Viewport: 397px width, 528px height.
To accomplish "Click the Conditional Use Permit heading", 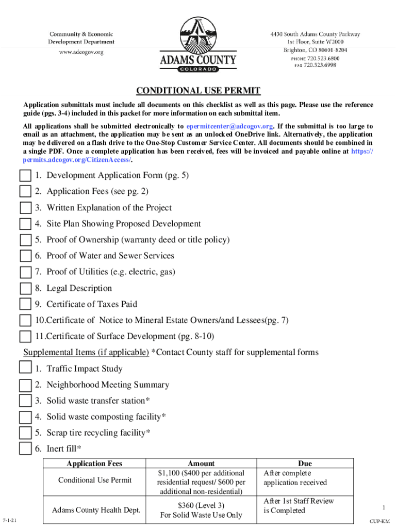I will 198,91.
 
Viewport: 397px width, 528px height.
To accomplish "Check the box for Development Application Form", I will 25,176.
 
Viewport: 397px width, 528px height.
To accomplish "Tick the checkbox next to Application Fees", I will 25,192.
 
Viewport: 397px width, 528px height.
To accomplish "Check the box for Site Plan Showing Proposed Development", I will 25,224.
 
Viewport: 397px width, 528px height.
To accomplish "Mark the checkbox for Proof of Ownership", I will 25,240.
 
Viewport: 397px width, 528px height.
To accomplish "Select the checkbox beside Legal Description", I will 25,289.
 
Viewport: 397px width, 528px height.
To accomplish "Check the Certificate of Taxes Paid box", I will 25,304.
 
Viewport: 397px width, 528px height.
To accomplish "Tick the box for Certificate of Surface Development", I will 25,337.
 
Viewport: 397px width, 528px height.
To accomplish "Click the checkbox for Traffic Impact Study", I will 25,369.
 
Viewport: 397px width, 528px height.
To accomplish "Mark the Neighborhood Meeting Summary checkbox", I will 25,385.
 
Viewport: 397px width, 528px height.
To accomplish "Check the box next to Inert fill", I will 25,449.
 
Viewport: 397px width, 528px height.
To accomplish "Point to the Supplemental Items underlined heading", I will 86,353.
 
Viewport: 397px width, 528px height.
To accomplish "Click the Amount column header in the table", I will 201,464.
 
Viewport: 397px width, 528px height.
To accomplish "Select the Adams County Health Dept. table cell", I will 96,510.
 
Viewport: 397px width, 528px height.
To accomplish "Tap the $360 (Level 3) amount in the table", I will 201,505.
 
